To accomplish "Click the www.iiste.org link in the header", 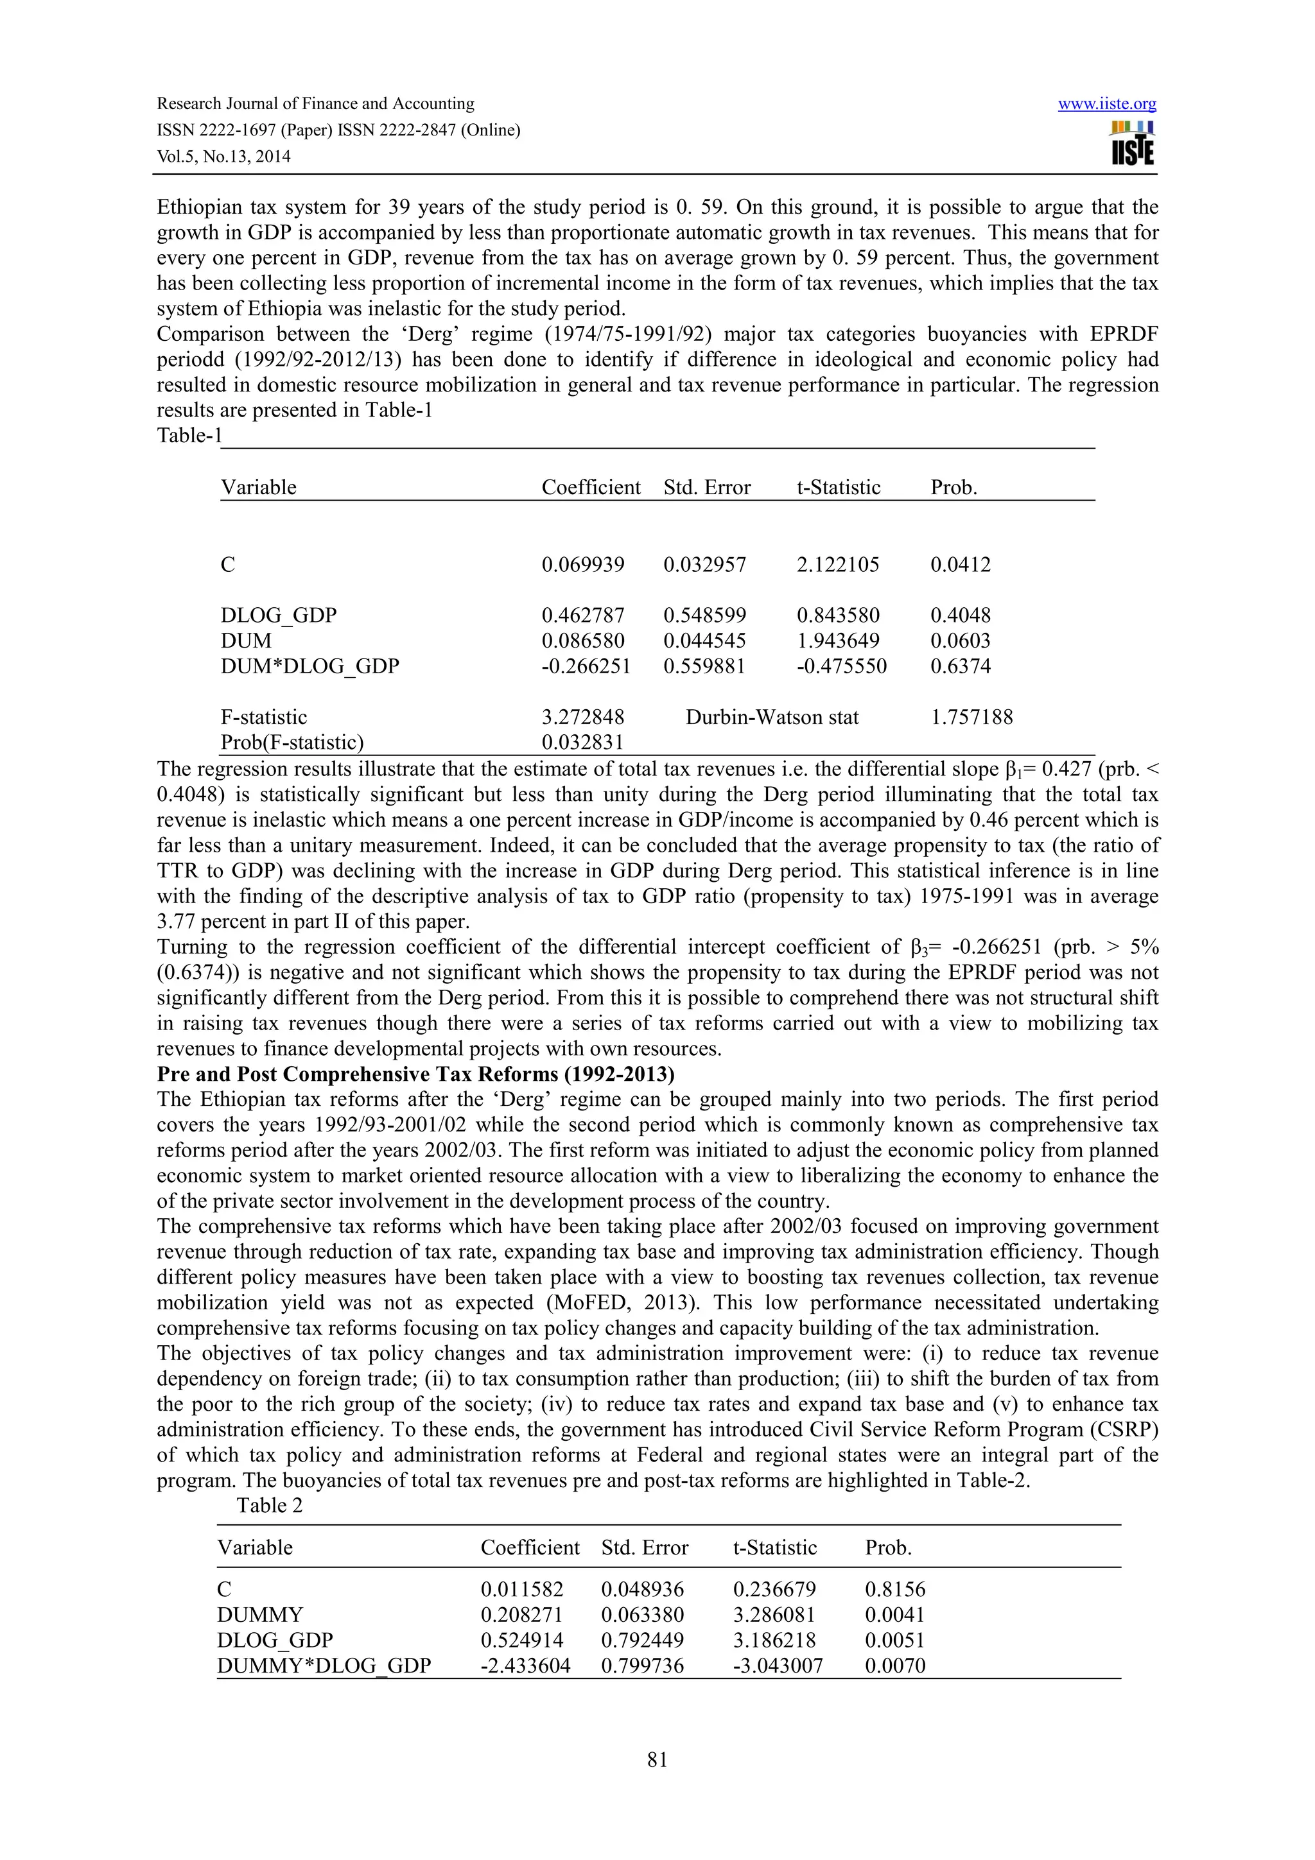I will (1107, 105).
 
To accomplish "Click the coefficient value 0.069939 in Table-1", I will (582, 565).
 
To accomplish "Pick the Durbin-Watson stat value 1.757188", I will (971, 717).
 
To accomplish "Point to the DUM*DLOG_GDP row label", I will (309, 666).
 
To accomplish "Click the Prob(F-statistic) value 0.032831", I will (582, 742).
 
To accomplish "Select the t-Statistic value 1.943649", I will (837, 641).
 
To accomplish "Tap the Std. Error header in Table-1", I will (706, 488).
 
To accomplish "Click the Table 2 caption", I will (269, 1506).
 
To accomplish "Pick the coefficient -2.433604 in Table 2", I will (525, 1666).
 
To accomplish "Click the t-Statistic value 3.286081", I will (774, 1615).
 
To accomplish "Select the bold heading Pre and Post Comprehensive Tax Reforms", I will (415, 1074).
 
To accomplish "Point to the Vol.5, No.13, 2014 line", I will (223, 157).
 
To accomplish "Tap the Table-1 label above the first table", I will (189, 436).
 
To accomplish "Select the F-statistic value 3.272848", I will (582, 717).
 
